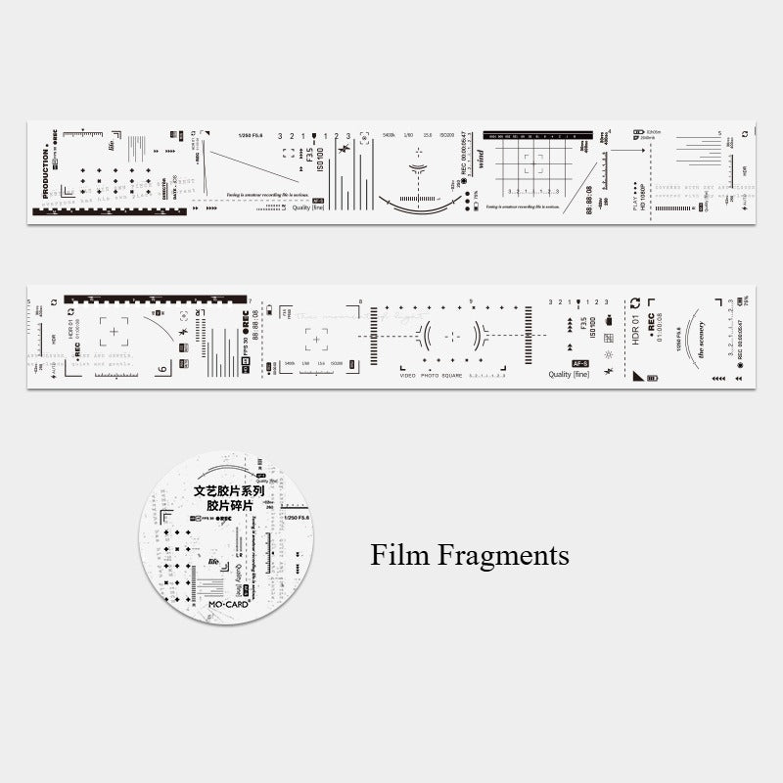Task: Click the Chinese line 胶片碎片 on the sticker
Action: (x=229, y=506)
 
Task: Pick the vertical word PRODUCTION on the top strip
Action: (x=45, y=173)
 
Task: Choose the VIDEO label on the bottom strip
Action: (x=409, y=375)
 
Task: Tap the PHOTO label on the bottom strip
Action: (x=433, y=375)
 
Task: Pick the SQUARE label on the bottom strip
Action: (x=454, y=375)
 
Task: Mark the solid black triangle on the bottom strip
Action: (x=637, y=375)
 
